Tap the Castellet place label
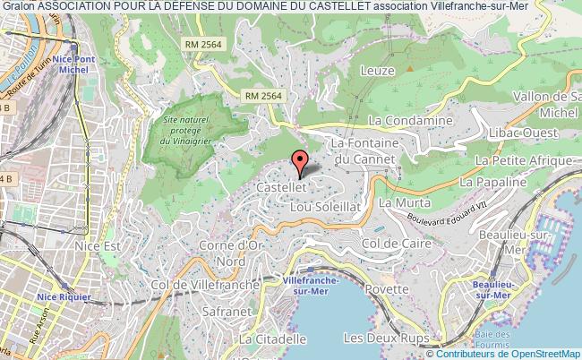282,188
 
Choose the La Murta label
398,203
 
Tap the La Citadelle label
273,339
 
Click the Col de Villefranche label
209,284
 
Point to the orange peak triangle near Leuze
407,65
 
